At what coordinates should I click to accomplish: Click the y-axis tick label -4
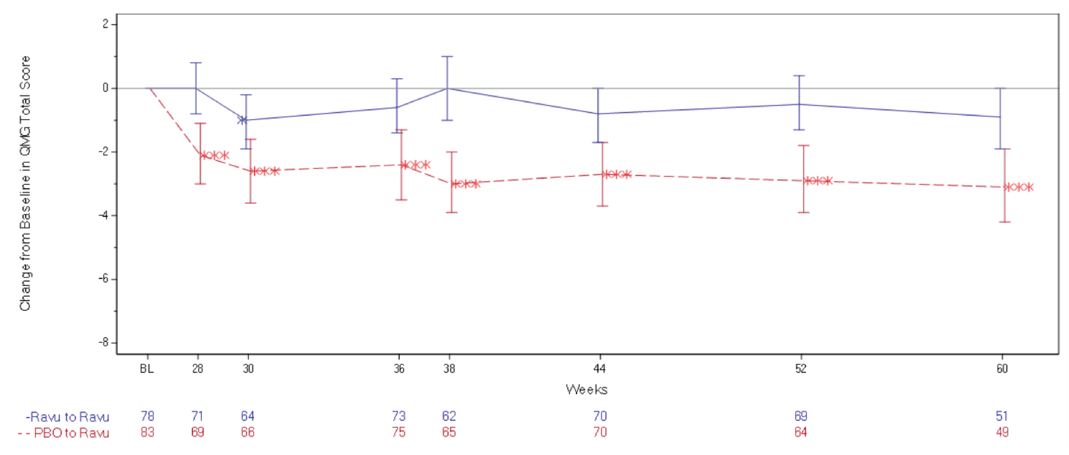pyautogui.click(x=103, y=215)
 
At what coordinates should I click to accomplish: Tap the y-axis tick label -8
pyautogui.click(x=103, y=342)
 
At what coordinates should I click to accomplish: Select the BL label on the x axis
pyautogui.click(x=147, y=369)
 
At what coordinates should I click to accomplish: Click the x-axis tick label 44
pyautogui.click(x=600, y=369)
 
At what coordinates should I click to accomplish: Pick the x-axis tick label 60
pyautogui.click(x=1002, y=369)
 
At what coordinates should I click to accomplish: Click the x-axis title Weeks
pyautogui.click(x=586, y=389)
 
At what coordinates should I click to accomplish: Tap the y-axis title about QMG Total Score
pyautogui.click(x=25, y=183)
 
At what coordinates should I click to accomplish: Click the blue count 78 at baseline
pyautogui.click(x=147, y=416)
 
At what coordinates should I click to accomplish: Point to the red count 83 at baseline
pyautogui.click(x=147, y=432)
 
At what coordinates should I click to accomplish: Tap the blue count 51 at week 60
pyautogui.click(x=1002, y=416)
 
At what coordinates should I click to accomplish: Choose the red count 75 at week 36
pyautogui.click(x=399, y=432)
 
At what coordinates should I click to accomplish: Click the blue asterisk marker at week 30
pyautogui.click(x=242, y=120)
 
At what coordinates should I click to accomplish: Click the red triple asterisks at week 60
pyautogui.click(x=1019, y=187)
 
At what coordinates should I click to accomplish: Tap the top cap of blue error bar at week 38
pyautogui.click(x=447, y=57)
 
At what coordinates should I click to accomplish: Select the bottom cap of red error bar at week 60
pyautogui.click(x=1005, y=222)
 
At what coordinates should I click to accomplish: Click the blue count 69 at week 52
pyautogui.click(x=800, y=416)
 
